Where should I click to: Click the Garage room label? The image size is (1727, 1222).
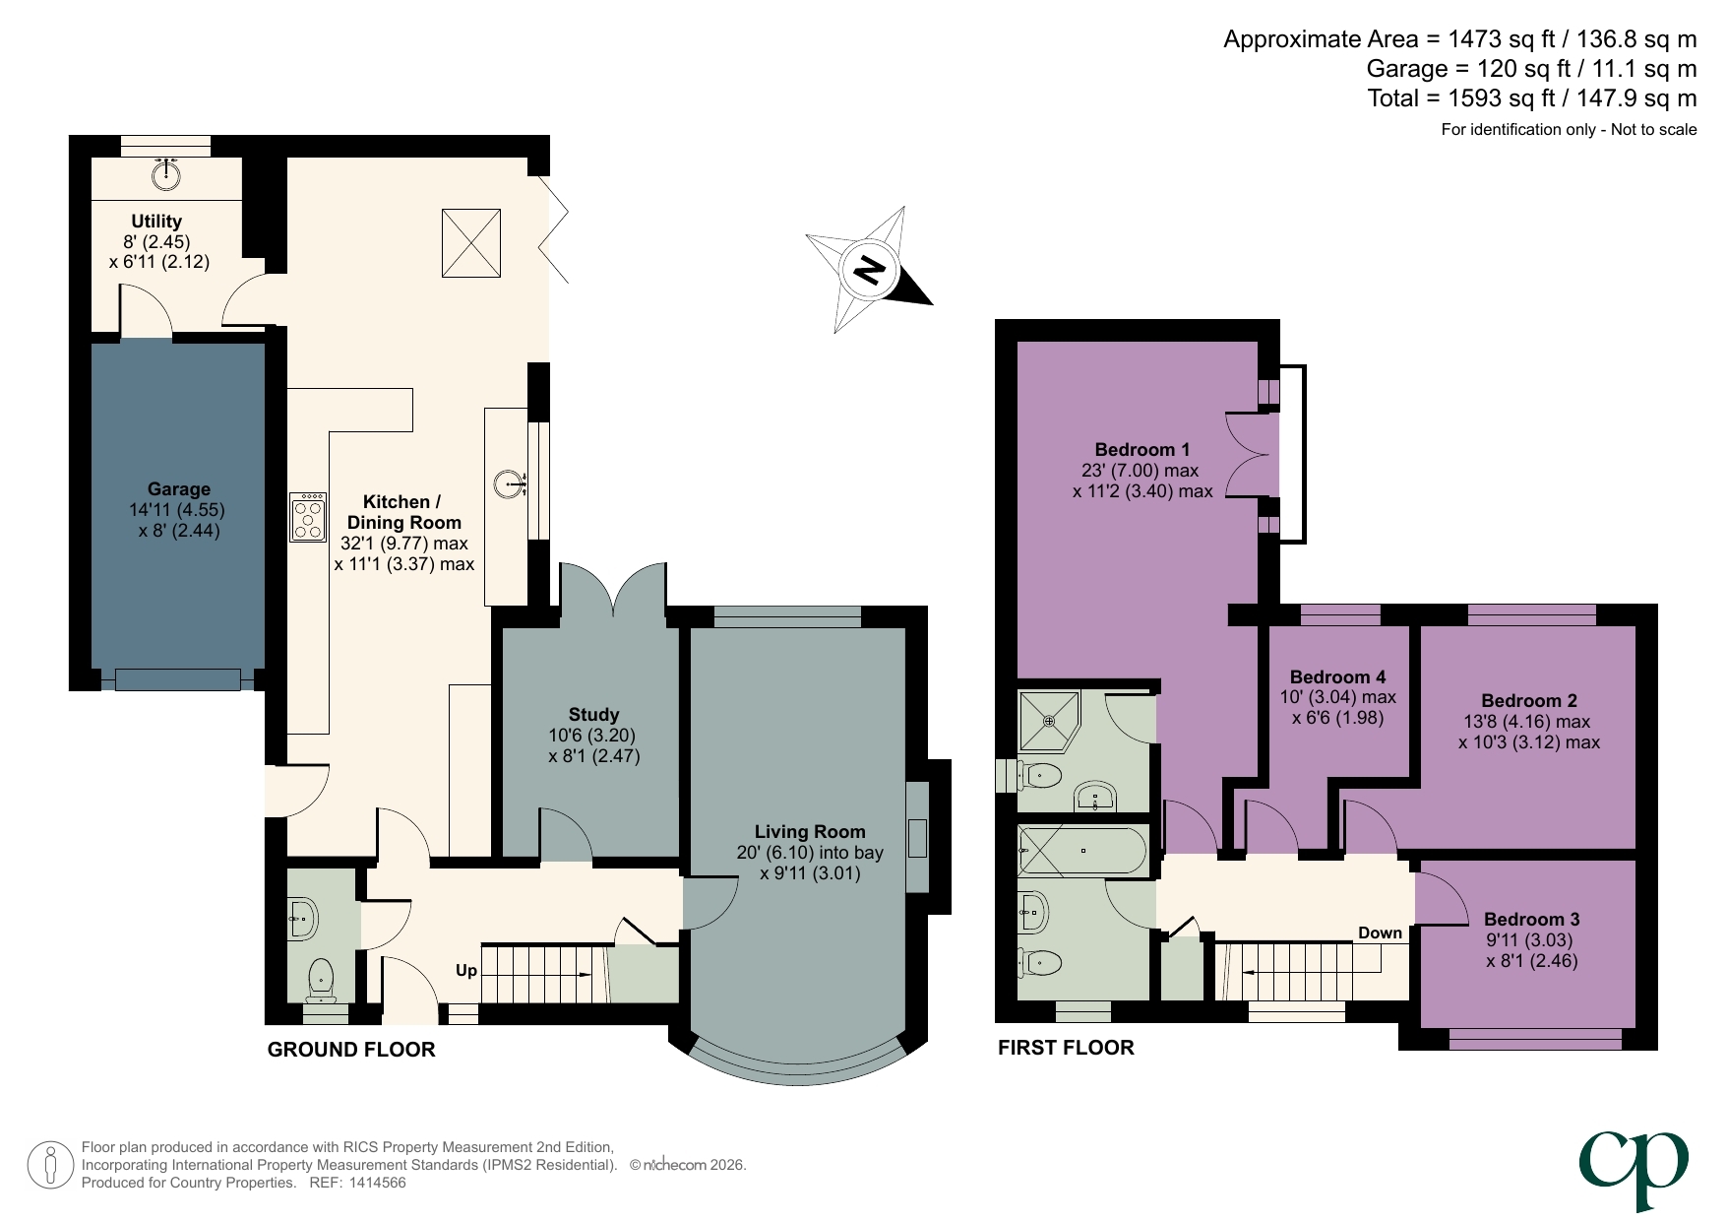178,489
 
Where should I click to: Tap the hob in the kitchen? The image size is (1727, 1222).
307,517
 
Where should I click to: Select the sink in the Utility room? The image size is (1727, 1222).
166,174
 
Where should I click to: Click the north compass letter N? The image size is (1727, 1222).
868,270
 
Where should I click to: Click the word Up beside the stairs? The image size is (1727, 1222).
465,970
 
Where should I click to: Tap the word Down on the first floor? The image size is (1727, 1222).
1380,933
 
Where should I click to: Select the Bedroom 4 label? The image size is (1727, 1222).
1337,676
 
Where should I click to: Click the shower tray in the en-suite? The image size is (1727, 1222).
1049,722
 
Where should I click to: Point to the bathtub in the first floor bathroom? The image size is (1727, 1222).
1082,851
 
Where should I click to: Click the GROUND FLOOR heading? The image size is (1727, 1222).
351,1050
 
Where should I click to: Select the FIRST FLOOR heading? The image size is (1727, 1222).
1066,1048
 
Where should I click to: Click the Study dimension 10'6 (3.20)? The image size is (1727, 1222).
592,736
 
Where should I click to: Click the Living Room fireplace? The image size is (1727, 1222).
917,837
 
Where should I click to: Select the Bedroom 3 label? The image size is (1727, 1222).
1531,919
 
